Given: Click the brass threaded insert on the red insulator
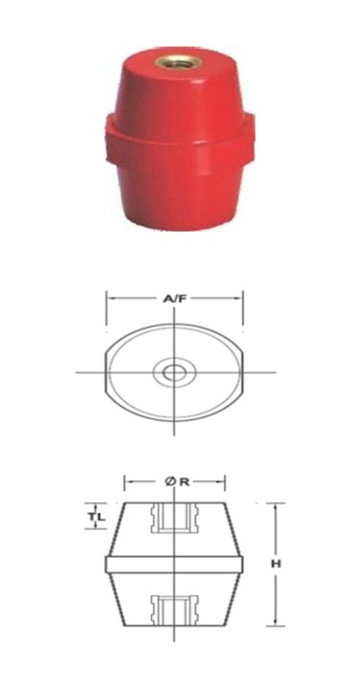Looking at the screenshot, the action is point(178,62).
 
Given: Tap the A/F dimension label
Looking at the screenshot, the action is point(173,300).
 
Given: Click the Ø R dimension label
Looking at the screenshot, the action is point(177,481).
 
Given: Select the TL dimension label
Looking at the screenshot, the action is point(97,517).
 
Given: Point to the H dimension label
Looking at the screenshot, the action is point(275,564).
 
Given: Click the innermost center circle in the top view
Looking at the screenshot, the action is point(174,372).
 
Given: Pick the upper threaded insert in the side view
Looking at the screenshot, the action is point(174,518).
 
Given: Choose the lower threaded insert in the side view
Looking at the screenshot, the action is point(174,611).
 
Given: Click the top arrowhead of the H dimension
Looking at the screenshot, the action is point(275,507).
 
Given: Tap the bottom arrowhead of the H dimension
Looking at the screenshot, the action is point(275,621).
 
